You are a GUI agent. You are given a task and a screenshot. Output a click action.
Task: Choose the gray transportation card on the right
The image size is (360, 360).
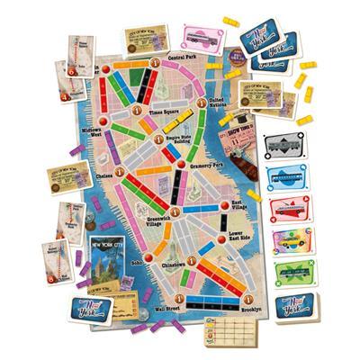[x=288, y=148]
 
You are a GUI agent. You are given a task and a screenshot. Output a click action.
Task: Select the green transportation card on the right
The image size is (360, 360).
[x=288, y=274]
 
